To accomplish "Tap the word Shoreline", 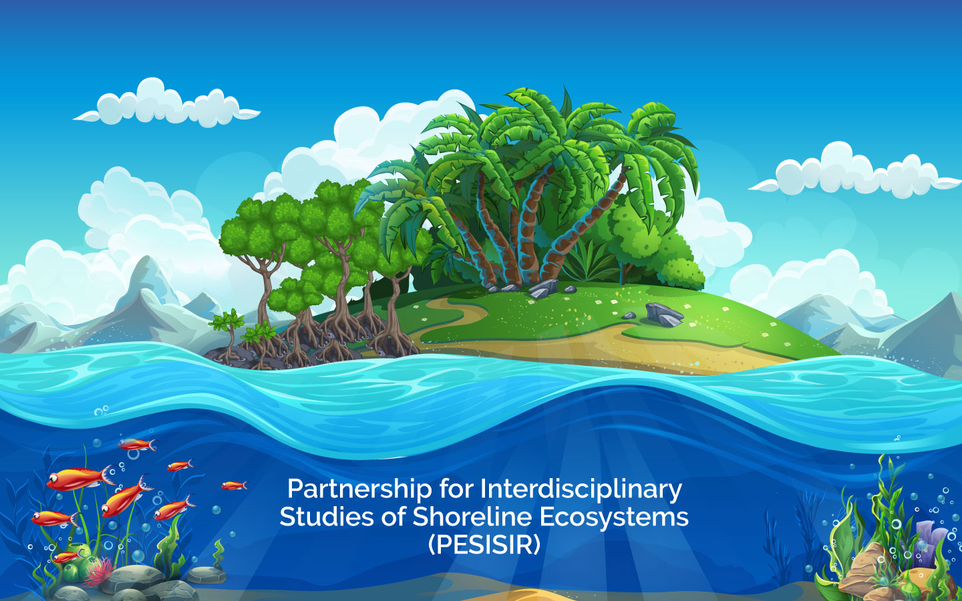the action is click(472, 516).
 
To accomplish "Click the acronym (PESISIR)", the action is click(484, 545).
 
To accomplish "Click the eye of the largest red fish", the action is click(53, 477).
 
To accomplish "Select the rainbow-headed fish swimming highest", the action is click(137, 445).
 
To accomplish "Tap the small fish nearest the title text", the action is click(234, 485).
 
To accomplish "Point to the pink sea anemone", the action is click(98, 572).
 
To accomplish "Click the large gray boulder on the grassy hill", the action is click(664, 315).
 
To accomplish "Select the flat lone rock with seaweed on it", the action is click(206, 575).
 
